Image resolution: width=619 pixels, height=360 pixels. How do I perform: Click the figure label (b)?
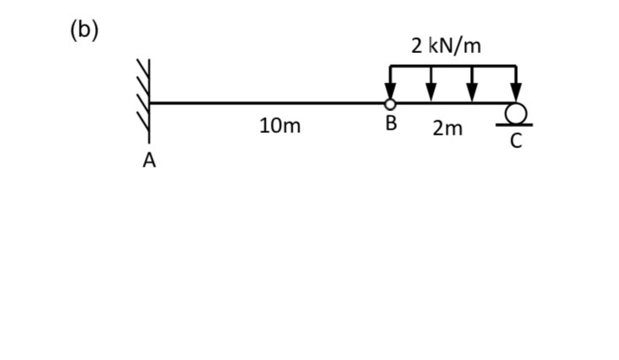point(84,30)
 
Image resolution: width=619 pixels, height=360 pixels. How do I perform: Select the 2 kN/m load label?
point(446,45)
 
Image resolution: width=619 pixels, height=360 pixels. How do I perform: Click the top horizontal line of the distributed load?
point(452,66)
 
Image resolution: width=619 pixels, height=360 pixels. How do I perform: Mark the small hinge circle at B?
point(390,103)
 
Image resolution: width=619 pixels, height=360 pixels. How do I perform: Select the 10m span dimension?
point(280,126)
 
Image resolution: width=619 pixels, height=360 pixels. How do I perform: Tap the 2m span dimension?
point(447,129)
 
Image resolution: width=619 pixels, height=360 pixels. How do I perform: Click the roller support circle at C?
point(516,113)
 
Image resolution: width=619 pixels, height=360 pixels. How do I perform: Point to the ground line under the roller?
point(514,124)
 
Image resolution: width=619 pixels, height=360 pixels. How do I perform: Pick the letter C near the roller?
point(516,141)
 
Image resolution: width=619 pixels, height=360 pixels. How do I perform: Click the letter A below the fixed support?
point(149,161)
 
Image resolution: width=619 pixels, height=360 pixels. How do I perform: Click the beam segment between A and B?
point(269,103)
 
